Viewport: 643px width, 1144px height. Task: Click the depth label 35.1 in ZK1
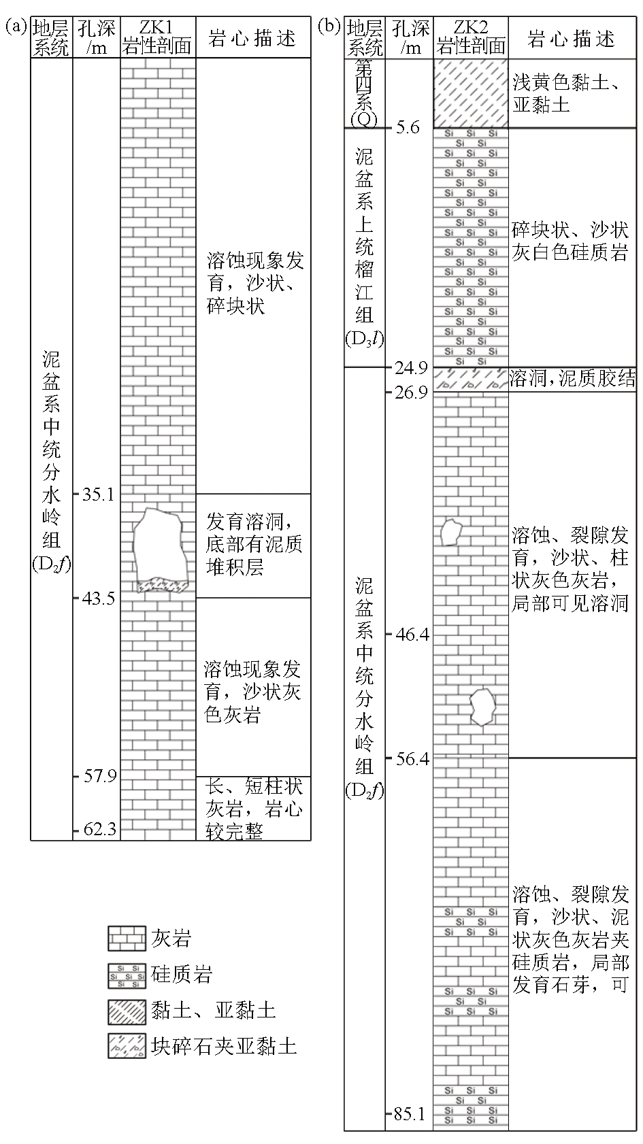[98, 494]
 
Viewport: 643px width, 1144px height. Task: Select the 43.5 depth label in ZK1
[99, 599]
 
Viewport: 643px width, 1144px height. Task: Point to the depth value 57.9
[99, 776]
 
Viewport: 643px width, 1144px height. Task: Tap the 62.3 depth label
[99, 830]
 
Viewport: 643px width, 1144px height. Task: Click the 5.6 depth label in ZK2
[408, 127]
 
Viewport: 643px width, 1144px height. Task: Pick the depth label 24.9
[411, 368]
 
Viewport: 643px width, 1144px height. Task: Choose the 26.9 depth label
[411, 392]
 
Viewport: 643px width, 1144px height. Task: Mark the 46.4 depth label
[412, 635]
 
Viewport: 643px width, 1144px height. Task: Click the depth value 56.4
[412, 759]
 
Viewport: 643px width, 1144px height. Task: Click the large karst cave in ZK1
[159, 546]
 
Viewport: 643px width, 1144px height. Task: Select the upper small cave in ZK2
[451, 532]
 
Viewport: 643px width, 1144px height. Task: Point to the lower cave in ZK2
[482, 707]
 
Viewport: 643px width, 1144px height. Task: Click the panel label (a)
[16, 26]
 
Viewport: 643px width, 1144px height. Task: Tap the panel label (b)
[329, 26]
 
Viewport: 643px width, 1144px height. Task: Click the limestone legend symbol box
[127, 938]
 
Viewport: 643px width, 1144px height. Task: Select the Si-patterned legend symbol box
[127, 975]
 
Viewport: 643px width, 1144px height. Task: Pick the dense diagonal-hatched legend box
[127, 1012]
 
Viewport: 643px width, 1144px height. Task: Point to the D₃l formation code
[364, 339]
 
